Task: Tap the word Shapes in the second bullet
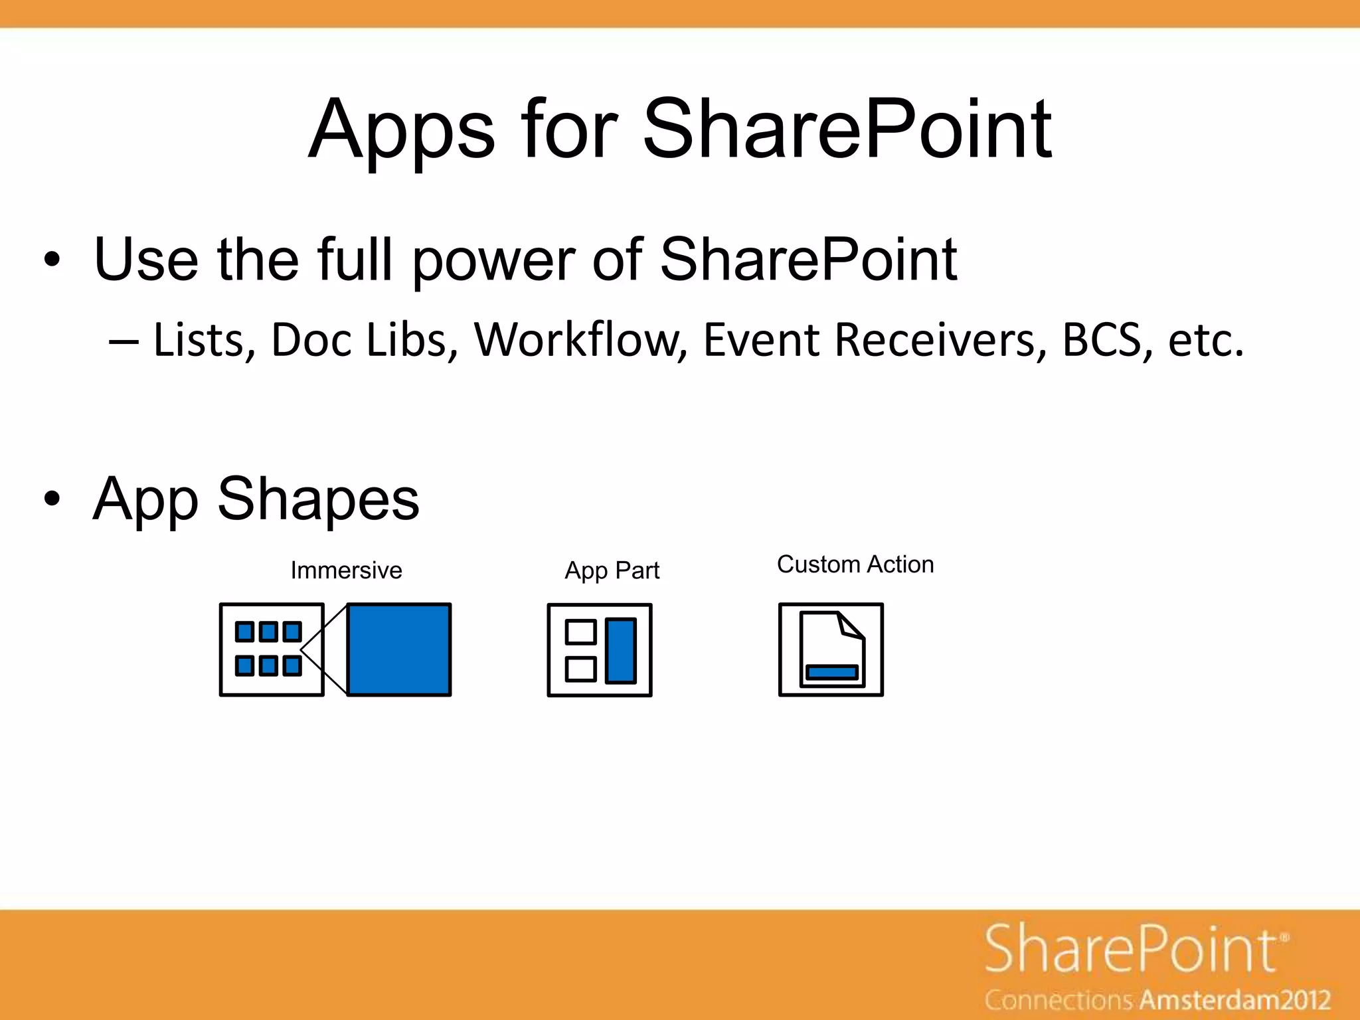(x=318, y=499)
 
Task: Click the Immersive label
(x=346, y=570)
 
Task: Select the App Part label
(x=612, y=570)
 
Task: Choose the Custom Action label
(x=855, y=564)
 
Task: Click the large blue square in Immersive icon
(x=399, y=649)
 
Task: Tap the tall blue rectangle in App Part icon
(x=621, y=650)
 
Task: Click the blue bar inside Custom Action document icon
(x=831, y=672)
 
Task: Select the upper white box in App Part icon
(x=580, y=632)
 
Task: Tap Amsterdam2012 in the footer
(x=1236, y=1000)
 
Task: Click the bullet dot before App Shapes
(x=52, y=499)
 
